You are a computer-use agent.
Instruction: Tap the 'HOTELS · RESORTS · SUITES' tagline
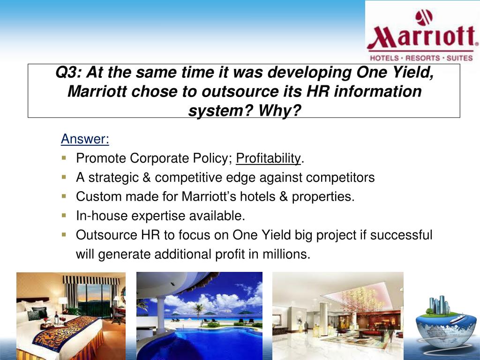click(421, 58)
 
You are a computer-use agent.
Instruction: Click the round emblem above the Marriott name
click(424, 17)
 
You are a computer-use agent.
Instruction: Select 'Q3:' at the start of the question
click(67, 73)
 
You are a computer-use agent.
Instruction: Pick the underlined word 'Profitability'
click(268, 158)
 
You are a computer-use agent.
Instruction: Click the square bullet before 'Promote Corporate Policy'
click(64, 158)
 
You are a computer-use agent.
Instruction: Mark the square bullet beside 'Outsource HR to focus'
click(64, 234)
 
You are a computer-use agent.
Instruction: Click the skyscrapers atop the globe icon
click(439, 305)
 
